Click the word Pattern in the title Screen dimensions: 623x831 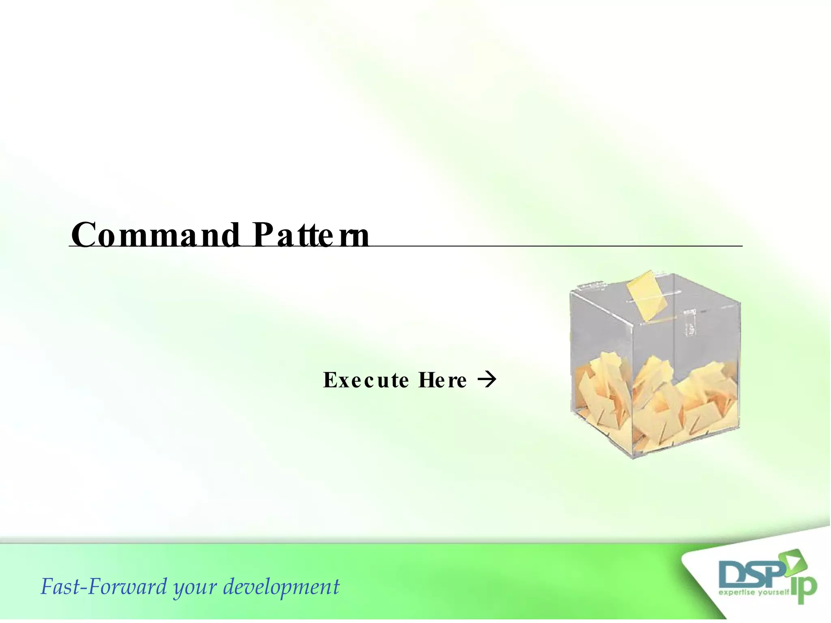(310, 235)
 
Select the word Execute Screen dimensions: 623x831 (366, 380)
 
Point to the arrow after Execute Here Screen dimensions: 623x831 (487, 380)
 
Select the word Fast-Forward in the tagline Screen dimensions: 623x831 (103, 587)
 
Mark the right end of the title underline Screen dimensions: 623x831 (741, 246)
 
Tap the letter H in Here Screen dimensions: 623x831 (426, 380)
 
